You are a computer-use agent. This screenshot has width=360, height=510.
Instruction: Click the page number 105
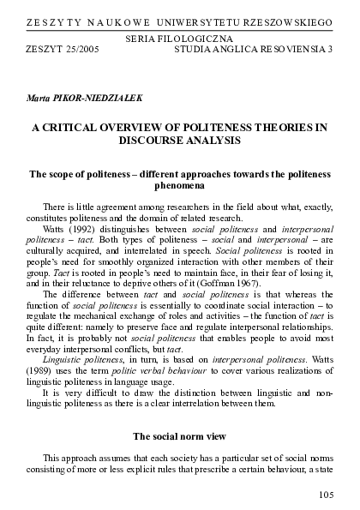(324, 495)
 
